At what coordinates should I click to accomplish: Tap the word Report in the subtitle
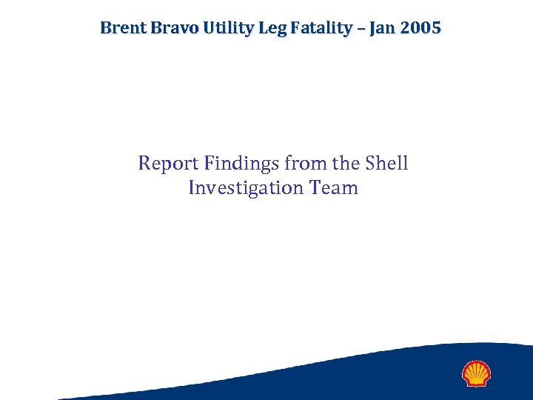167,163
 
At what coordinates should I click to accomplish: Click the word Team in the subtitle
335,188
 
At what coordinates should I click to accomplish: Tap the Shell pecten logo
476,374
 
